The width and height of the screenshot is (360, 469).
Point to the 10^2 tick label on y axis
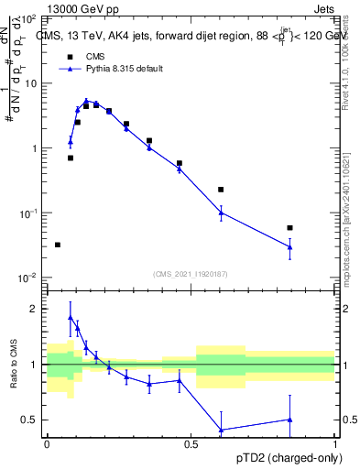coord(27,18)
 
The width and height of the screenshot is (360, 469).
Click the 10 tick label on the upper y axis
coord(30,83)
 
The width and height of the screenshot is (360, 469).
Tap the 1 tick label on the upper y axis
coord(34,148)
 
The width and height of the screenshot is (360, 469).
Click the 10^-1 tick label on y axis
coord(27,213)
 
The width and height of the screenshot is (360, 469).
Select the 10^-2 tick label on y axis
coord(27,278)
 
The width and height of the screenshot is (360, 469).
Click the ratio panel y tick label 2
coord(34,309)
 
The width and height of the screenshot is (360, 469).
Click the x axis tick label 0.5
coord(191,443)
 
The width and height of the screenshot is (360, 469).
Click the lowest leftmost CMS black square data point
coord(58,245)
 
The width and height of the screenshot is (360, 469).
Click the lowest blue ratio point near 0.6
coord(221,430)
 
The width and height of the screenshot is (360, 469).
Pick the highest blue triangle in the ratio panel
coord(71,318)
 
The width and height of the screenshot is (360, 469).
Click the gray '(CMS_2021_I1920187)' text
coord(190,273)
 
